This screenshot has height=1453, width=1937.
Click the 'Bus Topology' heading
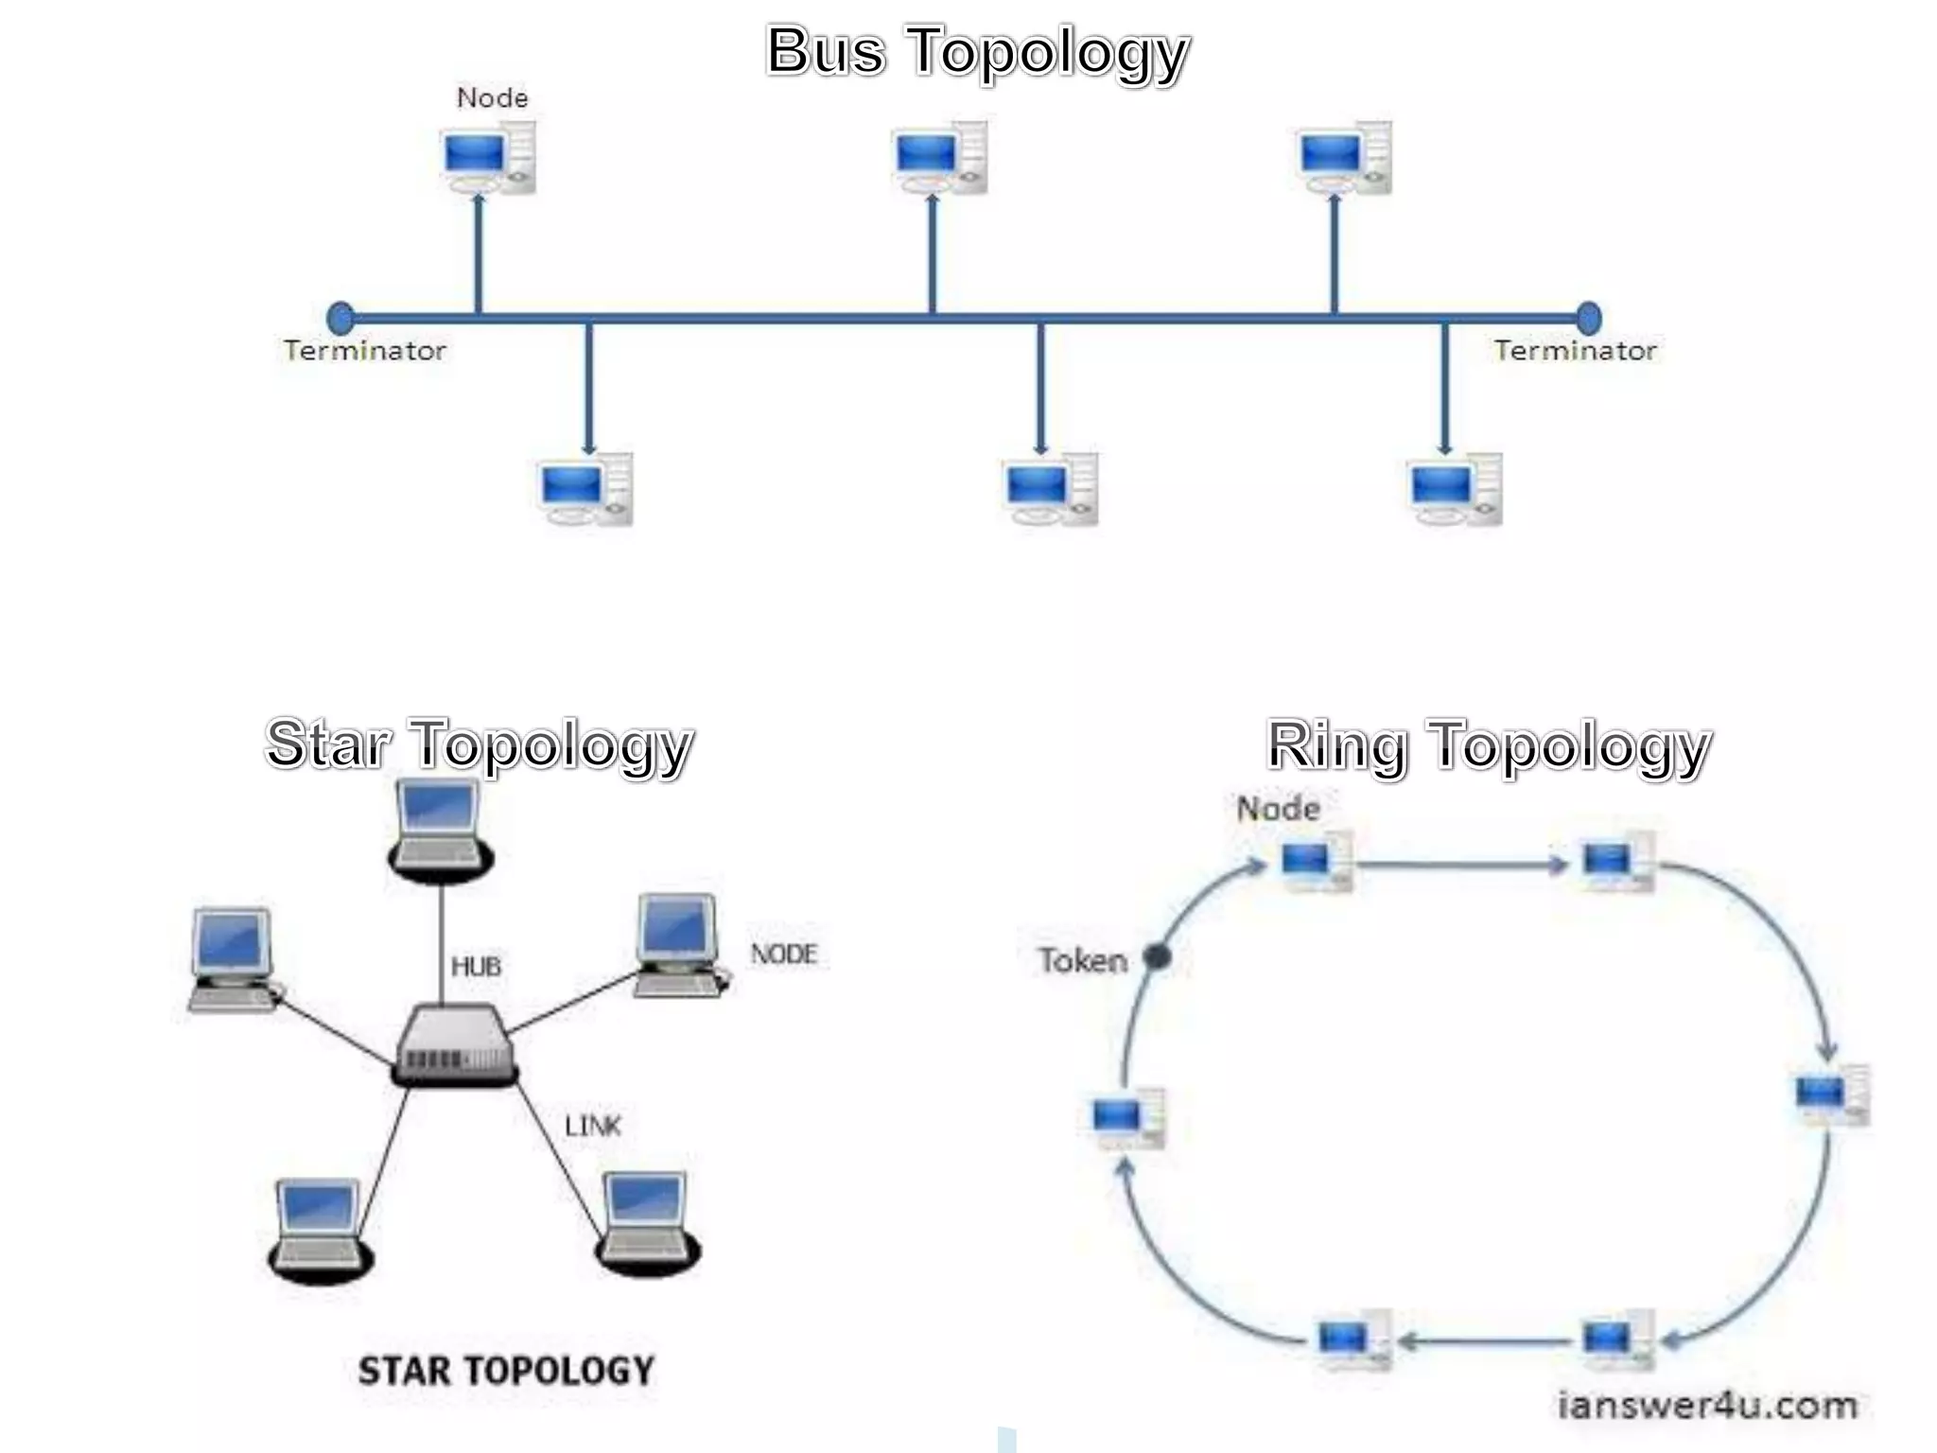click(x=977, y=51)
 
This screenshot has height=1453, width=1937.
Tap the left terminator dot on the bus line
click(x=340, y=318)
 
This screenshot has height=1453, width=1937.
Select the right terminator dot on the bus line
click(x=1589, y=318)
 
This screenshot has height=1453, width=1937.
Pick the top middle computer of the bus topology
click(x=940, y=158)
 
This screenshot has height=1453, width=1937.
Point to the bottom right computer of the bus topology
click(x=1455, y=490)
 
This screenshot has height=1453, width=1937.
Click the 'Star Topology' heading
click(x=479, y=744)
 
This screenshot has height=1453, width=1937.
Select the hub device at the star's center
click(x=455, y=1045)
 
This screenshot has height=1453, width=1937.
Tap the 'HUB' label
click(x=476, y=966)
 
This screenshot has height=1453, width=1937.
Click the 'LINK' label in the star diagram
click(x=593, y=1126)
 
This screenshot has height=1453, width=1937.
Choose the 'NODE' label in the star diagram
click(x=783, y=954)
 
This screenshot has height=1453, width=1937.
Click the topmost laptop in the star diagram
click(x=440, y=829)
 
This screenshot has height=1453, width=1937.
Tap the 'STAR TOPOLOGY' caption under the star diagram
click(x=506, y=1371)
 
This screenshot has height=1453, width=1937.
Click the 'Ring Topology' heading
click(x=1489, y=745)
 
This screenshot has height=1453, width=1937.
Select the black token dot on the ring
click(x=1157, y=957)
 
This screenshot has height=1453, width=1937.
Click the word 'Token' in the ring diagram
click(x=1083, y=961)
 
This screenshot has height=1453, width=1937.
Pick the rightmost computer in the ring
click(x=1832, y=1095)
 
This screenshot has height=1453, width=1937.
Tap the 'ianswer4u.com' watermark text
click(x=1707, y=1406)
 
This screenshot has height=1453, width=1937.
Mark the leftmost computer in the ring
click(x=1126, y=1118)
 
